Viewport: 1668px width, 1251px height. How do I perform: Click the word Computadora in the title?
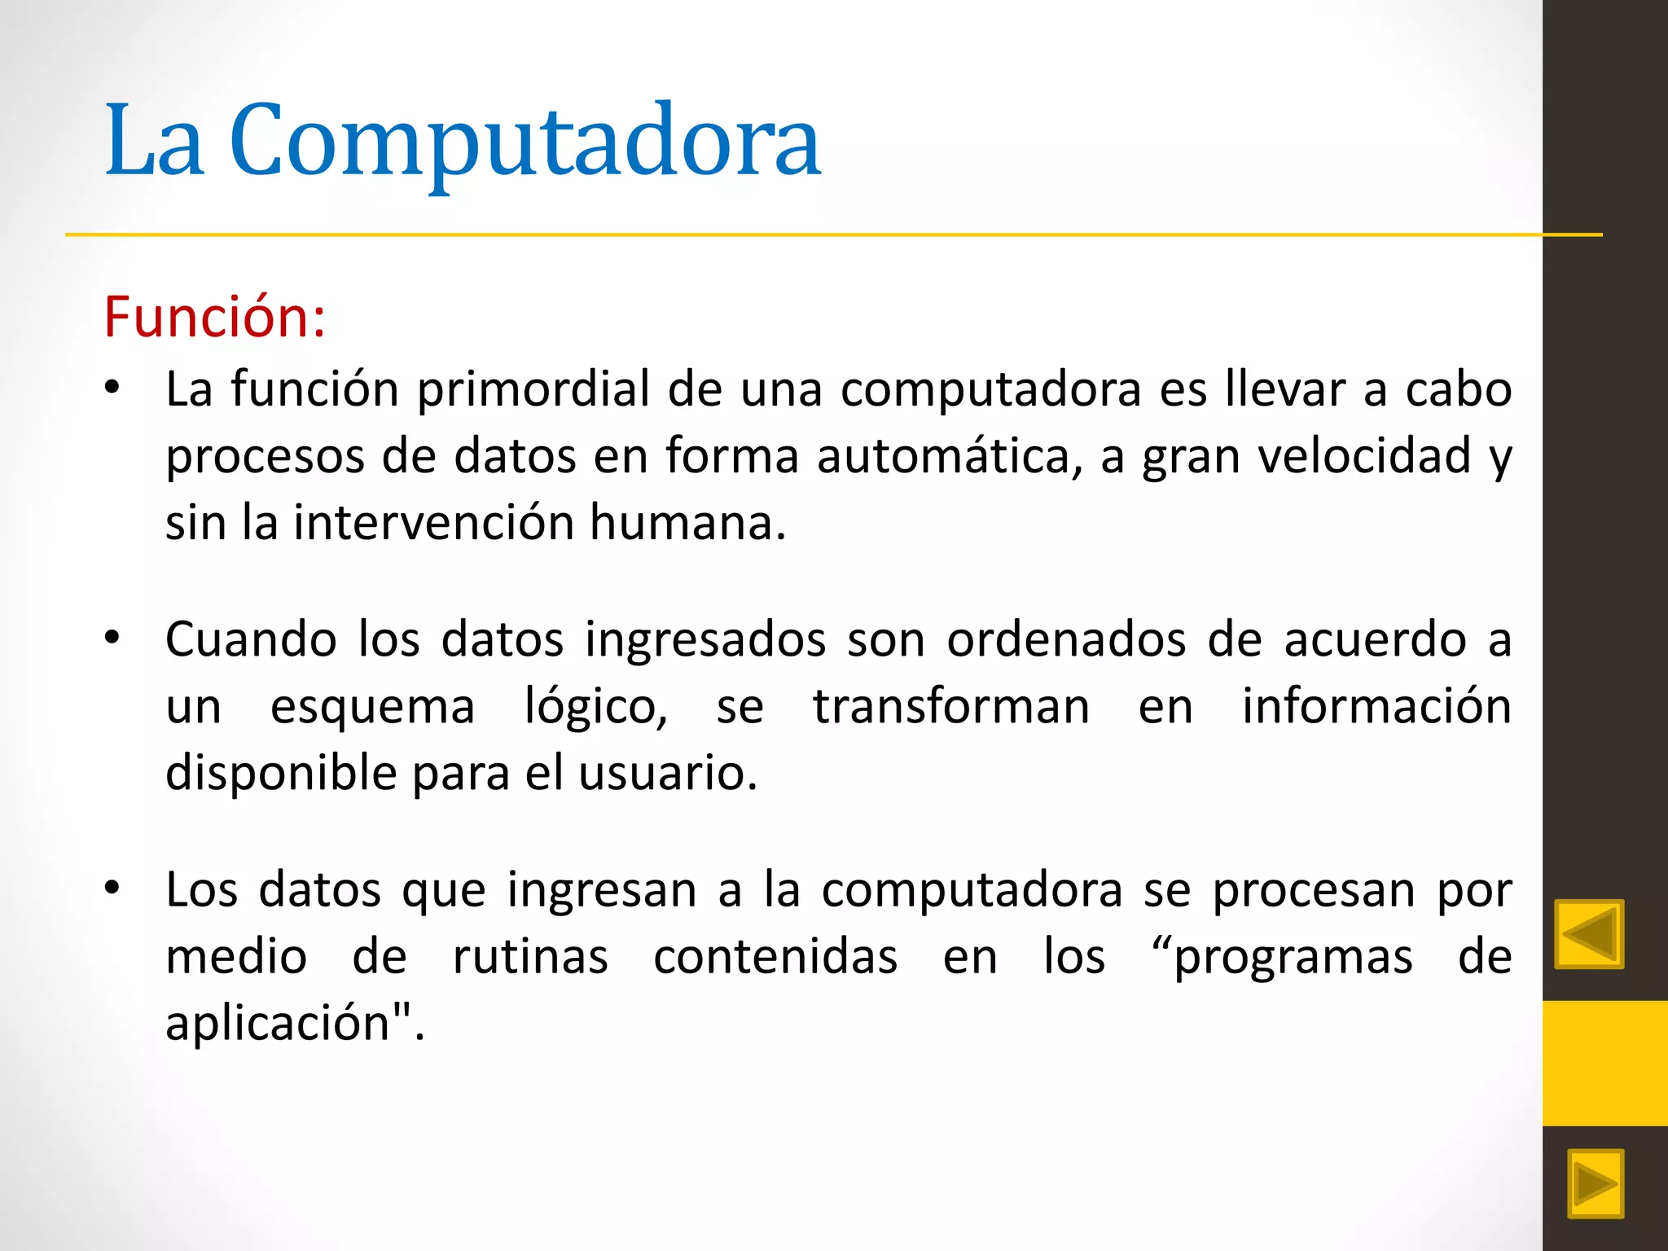tap(525, 140)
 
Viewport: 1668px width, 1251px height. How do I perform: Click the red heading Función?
tap(215, 316)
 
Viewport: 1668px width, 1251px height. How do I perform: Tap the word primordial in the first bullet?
tap(533, 389)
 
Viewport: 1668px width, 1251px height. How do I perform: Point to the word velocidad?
tap(1365, 455)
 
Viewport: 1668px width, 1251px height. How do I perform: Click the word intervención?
tap(432, 522)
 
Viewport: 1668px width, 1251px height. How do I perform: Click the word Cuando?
tap(251, 639)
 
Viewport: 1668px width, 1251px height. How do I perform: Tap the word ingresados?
tap(705, 639)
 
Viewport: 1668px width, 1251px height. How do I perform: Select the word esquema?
tap(372, 707)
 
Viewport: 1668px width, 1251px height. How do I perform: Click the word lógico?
tap(595, 707)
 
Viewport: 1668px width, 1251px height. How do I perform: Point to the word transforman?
tap(950, 706)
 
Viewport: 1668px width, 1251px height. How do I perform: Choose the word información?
tap(1376, 706)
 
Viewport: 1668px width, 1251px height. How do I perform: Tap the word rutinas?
tap(530, 956)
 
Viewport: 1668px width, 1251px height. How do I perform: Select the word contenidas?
tap(775, 956)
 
